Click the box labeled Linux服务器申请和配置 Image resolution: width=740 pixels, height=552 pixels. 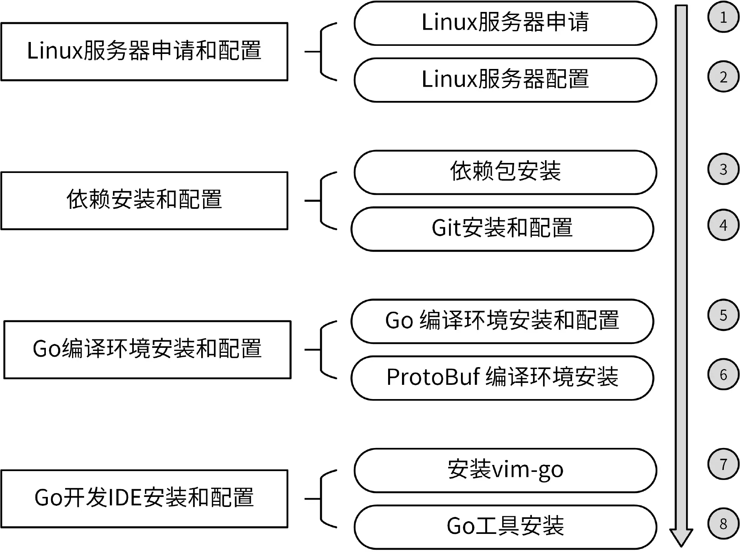(x=144, y=52)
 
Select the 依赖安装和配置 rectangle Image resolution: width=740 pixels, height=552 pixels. (x=144, y=201)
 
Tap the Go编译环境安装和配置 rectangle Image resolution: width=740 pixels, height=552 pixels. (x=147, y=349)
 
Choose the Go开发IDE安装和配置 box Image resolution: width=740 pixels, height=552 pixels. (x=144, y=498)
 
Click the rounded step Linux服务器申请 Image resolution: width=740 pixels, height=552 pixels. (x=505, y=23)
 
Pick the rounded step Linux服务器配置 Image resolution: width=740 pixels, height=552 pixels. (x=505, y=80)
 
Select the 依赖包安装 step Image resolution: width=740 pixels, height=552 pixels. (x=505, y=172)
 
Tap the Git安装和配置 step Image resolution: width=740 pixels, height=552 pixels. (x=502, y=229)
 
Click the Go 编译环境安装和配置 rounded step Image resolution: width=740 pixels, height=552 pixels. (x=502, y=321)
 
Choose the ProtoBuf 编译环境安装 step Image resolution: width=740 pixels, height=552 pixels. (x=502, y=378)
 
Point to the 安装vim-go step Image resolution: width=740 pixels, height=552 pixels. (x=505, y=470)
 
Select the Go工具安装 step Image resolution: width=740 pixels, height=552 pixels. (x=505, y=527)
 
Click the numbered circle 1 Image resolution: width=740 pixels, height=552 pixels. (x=723, y=17)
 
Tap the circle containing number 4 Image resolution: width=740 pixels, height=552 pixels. (x=723, y=225)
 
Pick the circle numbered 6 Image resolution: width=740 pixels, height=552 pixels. (x=723, y=374)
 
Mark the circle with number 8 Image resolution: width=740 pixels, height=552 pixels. (x=723, y=523)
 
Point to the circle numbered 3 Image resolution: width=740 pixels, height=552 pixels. (x=723, y=169)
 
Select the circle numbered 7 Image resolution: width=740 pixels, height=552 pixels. (x=723, y=464)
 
